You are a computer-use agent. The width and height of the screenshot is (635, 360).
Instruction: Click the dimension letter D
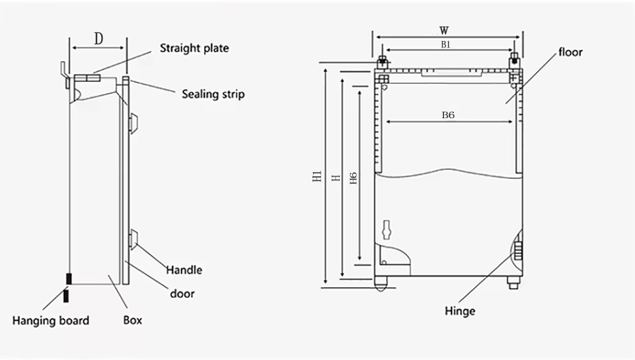(98, 39)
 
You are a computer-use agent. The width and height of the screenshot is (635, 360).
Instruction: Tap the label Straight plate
(194, 48)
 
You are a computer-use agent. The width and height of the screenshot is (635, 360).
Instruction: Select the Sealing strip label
(213, 94)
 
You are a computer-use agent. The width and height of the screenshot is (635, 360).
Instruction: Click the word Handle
(184, 270)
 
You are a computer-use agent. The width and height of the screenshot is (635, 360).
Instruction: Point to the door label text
(182, 293)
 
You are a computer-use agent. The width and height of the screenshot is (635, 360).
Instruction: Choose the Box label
(132, 320)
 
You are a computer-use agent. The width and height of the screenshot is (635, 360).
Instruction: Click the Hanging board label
(51, 321)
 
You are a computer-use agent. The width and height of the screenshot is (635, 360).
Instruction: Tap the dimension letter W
(444, 30)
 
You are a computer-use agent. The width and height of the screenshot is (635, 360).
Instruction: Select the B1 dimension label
(445, 44)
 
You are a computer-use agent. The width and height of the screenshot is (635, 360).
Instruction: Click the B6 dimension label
(448, 116)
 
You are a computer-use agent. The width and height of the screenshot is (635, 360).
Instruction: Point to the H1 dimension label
(317, 176)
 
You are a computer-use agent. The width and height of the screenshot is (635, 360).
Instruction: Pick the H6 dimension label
(354, 178)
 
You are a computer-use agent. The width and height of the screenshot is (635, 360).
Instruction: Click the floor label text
(571, 52)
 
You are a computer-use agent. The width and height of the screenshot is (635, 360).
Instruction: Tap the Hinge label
(460, 311)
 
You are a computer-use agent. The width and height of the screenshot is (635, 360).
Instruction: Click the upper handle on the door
(133, 123)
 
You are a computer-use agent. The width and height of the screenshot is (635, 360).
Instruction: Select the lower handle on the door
(133, 238)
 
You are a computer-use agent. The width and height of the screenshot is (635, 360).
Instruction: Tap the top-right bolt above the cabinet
(514, 61)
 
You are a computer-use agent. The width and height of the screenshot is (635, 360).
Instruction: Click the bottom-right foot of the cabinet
(513, 283)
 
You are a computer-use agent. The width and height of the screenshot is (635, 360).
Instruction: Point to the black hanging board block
(69, 279)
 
